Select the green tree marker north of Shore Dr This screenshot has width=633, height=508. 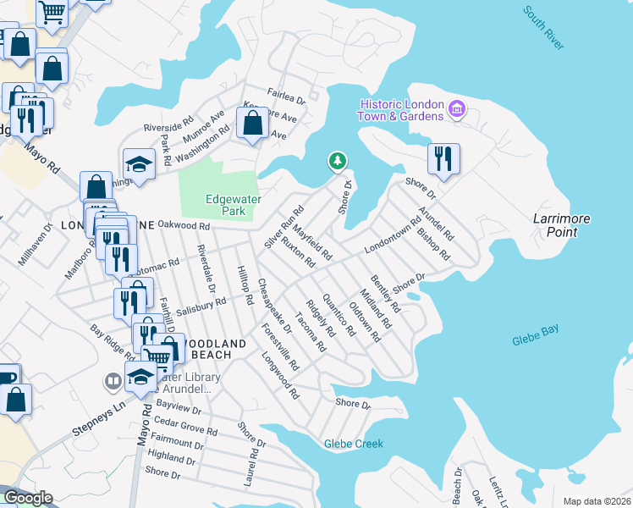(x=338, y=161)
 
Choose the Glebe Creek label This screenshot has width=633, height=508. (x=353, y=444)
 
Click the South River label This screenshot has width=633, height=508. (x=542, y=28)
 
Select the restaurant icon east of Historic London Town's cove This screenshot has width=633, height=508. (x=443, y=157)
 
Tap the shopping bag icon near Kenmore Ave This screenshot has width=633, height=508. (x=253, y=124)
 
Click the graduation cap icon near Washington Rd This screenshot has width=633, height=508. (x=140, y=163)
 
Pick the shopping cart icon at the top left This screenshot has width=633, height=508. (x=52, y=13)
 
